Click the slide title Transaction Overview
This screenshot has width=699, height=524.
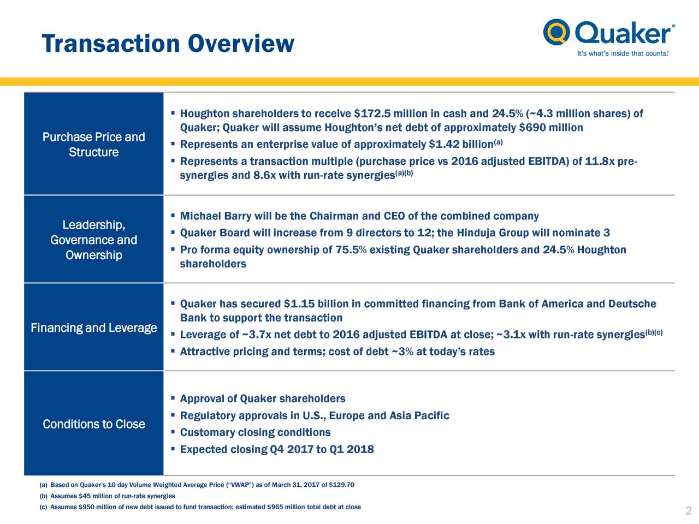[168, 43]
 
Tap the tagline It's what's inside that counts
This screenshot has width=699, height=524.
[623, 53]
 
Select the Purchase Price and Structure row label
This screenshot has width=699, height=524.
[93, 144]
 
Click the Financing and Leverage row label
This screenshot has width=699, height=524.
[93, 327]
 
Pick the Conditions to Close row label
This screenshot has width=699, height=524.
[93, 424]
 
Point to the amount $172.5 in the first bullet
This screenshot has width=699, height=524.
[372, 114]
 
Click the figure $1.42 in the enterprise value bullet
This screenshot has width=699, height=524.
[444, 145]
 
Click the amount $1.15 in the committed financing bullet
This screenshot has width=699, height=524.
[299, 304]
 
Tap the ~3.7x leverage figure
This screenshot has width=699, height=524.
[257, 335]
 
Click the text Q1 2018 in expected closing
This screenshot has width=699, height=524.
[352, 450]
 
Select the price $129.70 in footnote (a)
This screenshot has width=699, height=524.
[342, 485]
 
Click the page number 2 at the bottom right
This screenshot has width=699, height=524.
[688, 511]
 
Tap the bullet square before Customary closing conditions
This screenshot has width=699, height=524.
[172, 432]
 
